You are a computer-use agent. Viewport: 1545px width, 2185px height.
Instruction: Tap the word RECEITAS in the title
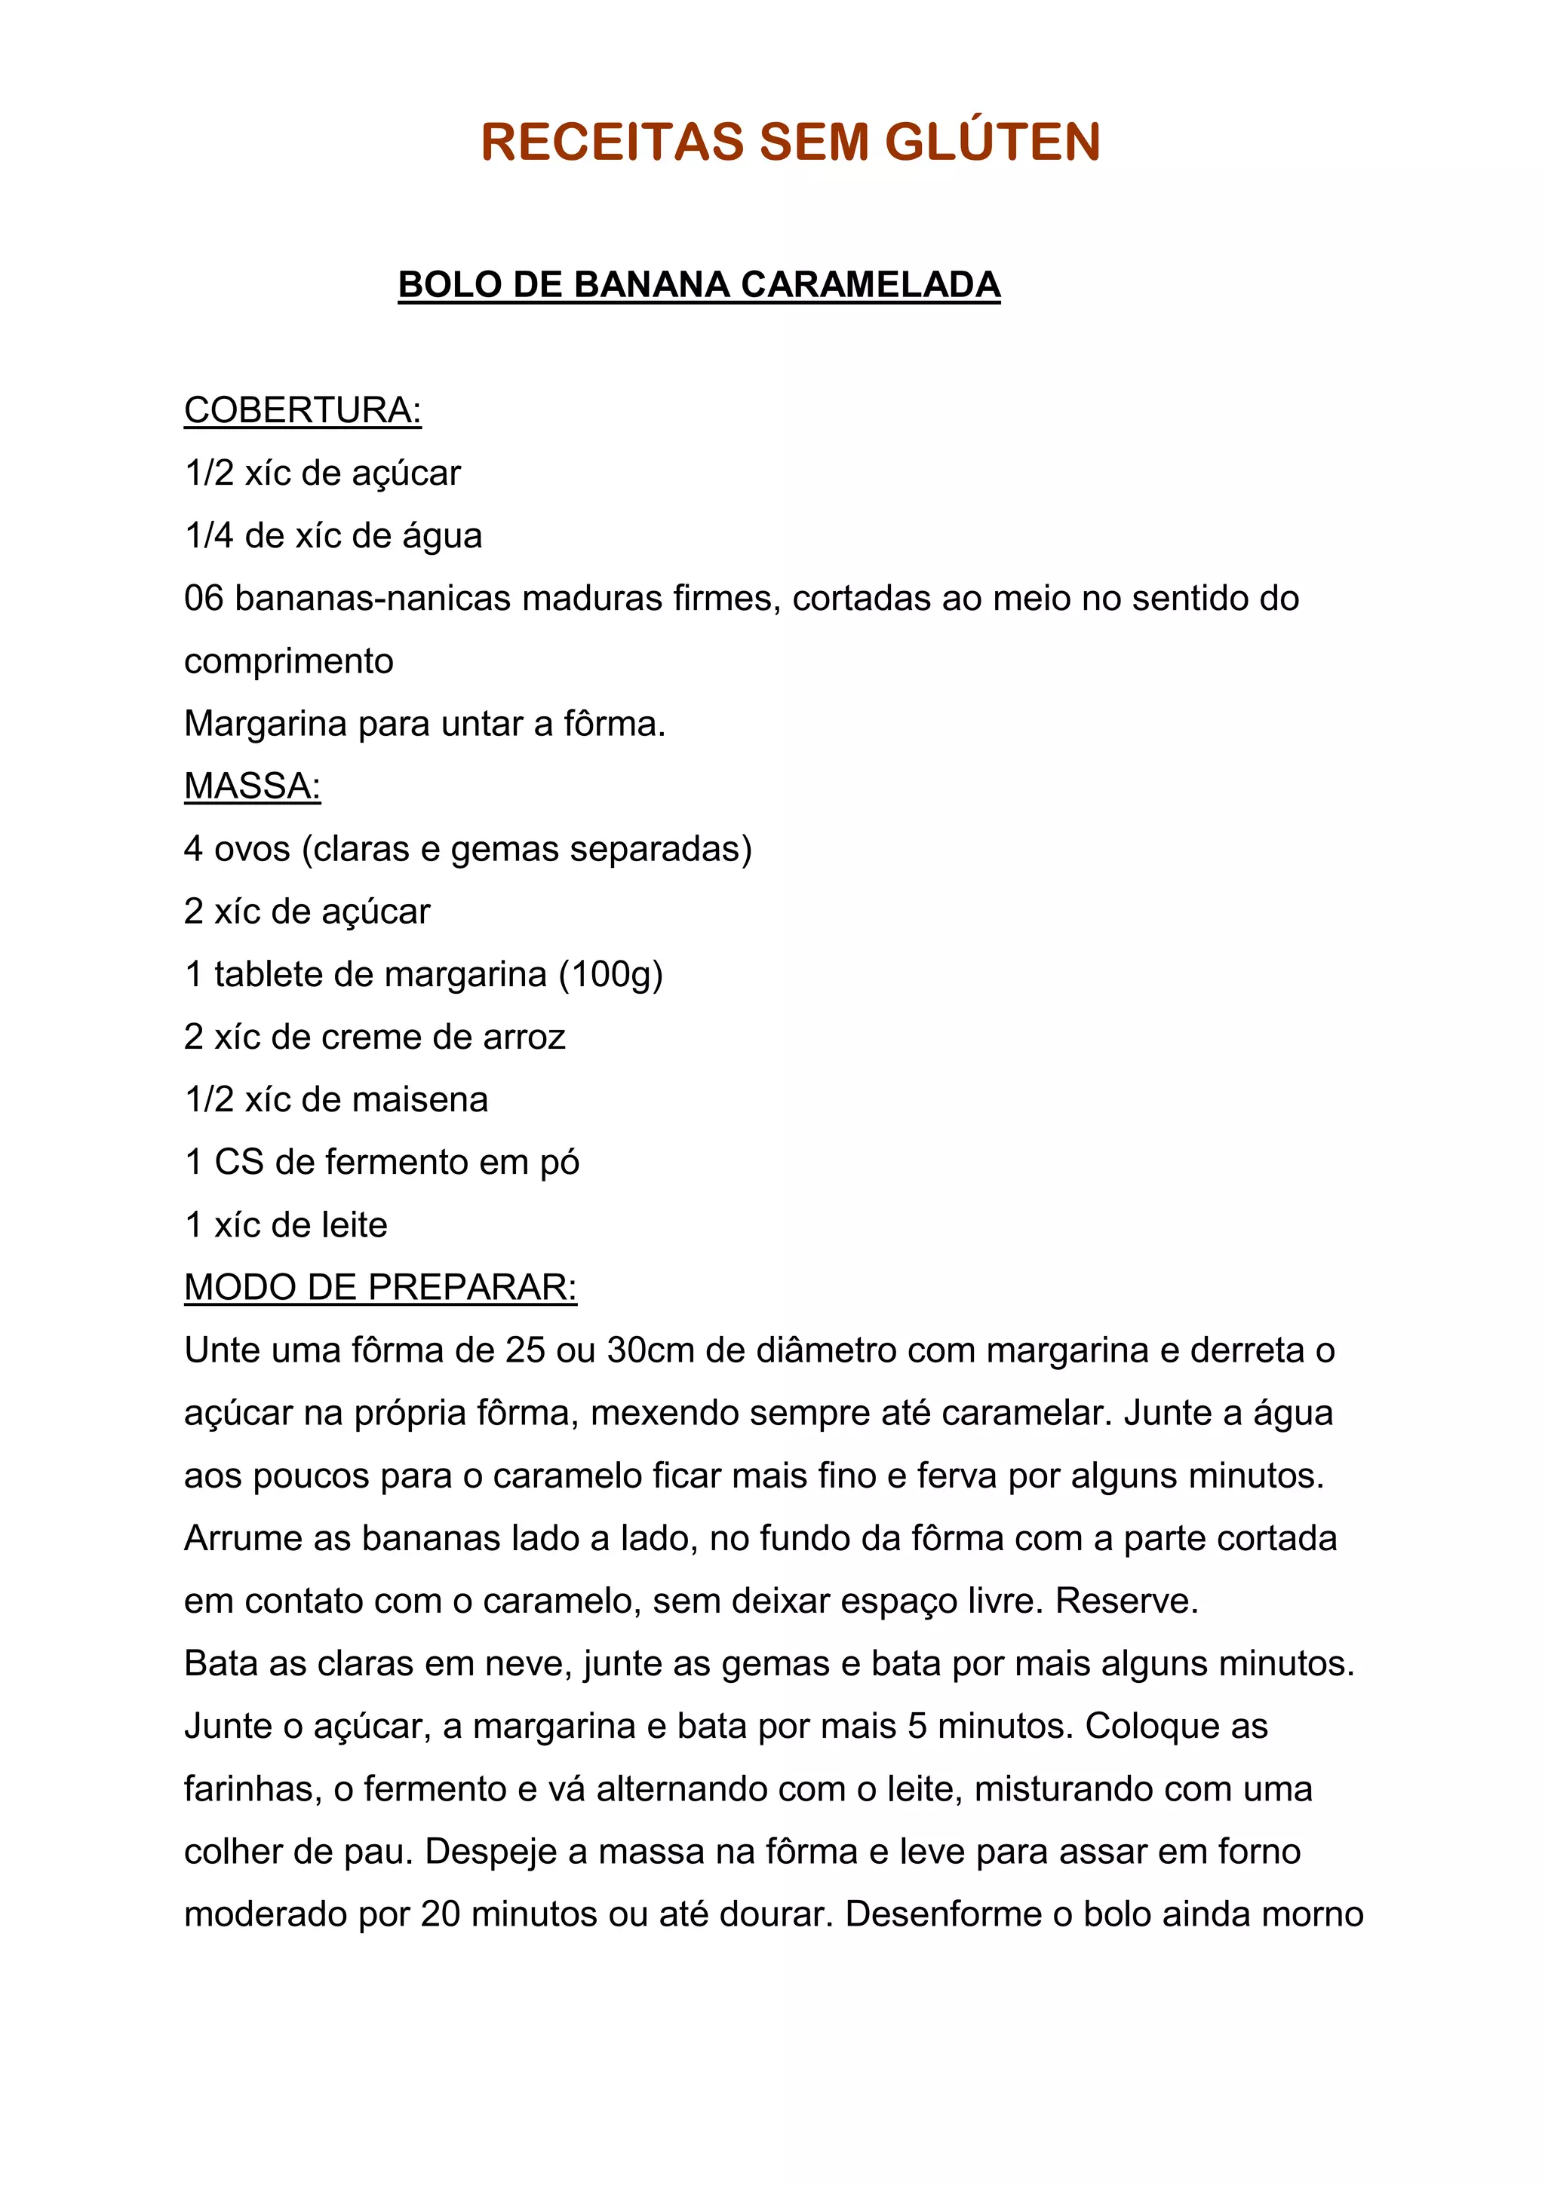[x=611, y=142]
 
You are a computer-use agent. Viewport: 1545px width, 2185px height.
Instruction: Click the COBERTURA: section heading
[x=303, y=410]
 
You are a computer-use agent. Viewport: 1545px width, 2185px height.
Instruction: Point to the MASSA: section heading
[x=252, y=786]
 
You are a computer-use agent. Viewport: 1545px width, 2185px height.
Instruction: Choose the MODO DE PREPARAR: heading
[x=379, y=1288]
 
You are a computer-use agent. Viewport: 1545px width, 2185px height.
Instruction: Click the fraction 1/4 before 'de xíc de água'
[x=208, y=536]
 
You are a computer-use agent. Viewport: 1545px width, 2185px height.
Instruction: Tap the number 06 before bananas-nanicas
[x=204, y=599]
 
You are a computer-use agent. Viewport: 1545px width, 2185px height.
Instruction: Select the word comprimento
[x=288, y=661]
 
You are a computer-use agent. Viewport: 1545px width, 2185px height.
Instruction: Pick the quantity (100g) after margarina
[x=610, y=974]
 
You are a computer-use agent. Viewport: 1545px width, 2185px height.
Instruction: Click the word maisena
[x=419, y=1100]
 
